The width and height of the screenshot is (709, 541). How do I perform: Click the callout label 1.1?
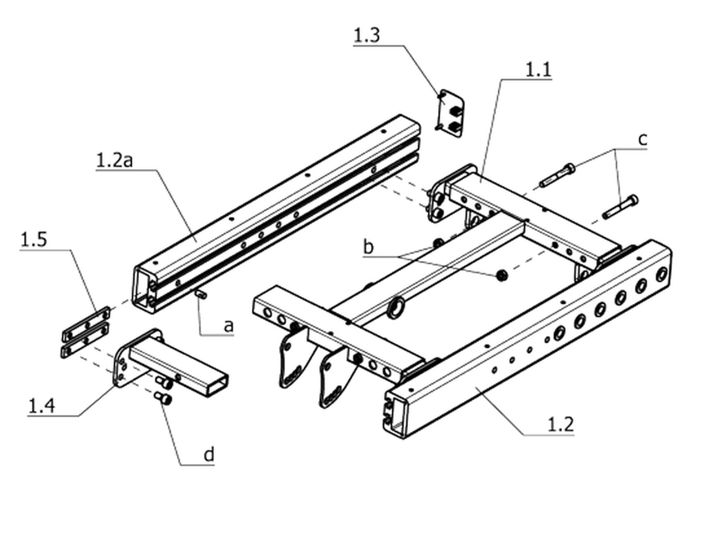pos(538,70)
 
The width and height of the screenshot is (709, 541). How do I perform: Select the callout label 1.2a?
pos(115,160)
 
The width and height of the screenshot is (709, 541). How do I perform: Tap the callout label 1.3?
pos(366,36)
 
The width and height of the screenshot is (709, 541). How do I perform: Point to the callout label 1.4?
pos(41,406)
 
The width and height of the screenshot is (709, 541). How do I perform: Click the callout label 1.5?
pos(34,239)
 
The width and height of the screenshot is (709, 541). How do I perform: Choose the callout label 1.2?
pos(561,425)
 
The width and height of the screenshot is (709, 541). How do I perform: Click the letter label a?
pos(229,326)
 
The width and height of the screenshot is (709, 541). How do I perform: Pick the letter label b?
pos(369,247)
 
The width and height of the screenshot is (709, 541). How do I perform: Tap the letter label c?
pos(642,140)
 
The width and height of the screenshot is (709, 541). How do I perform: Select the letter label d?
pos(209,454)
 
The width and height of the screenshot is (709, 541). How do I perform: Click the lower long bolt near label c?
pos(620,206)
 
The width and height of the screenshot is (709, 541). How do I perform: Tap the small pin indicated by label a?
pos(201,295)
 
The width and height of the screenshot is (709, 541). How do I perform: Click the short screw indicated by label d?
pos(164,398)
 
